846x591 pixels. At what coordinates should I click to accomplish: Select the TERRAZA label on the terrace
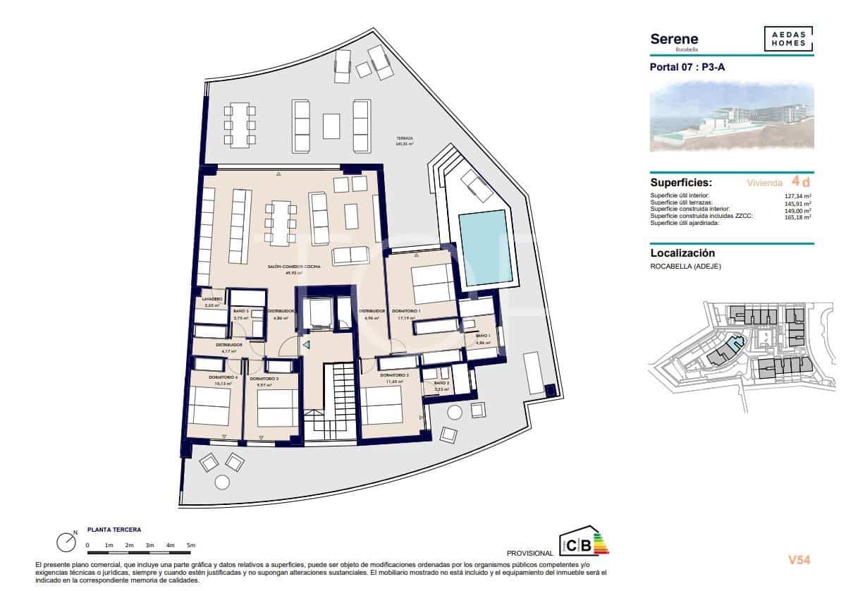pyautogui.click(x=404, y=140)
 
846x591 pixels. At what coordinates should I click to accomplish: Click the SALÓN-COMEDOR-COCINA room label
pyautogui.click(x=294, y=267)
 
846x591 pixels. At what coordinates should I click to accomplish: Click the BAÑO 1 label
pyautogui.click(x=482, y=336)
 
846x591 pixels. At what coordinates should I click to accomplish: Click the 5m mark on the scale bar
pyautogui.click(x=191, y=545)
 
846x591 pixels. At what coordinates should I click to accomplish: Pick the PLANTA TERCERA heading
pyautogui.click(x=114, y=529)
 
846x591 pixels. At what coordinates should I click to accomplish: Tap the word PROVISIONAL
pyautogui.click(x=530, y=552)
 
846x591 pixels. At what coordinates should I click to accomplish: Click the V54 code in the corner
pyautogui.click(x=799, y=560)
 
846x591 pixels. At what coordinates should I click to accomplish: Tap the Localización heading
pyautogui.click(x=682, y=253)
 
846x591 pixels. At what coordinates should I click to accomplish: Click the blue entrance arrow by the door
pyautogui.click(x=306, y=345)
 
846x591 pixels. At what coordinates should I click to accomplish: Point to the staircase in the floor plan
pyautogui.click(x=337, y=395)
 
